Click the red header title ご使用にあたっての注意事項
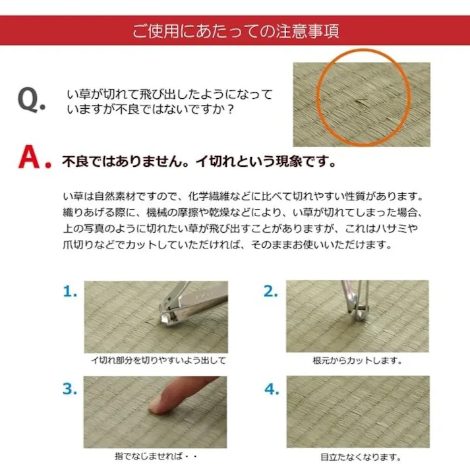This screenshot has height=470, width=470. pyautogui.click(x=235, y=31)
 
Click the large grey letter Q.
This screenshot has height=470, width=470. pyautogui.click(x=32, y=101)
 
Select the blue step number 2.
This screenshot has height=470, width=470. pyautogui.click(x=271, y=291)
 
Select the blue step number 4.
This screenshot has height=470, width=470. pyautogui.click(x=271, y=388)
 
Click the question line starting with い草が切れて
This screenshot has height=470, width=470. pyautogui.click(x=169, y=94)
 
